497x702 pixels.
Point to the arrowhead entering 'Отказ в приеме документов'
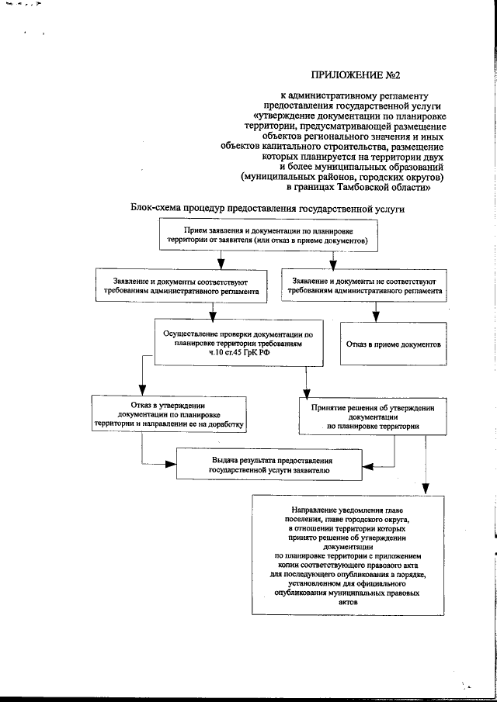click(375, 317)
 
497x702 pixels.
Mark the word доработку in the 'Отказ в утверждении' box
click(223, 425)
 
